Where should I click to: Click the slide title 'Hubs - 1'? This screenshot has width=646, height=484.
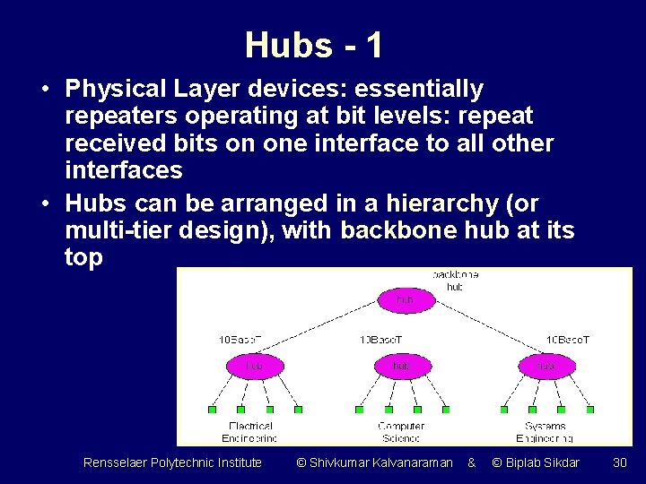coord(313,45)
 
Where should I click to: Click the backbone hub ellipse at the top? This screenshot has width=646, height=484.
coord(405,299)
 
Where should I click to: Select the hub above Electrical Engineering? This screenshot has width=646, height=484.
coord(254,366)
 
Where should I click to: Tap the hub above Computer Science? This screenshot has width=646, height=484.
coord(401,366)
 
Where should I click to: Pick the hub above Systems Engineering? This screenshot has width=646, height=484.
coord(546,366)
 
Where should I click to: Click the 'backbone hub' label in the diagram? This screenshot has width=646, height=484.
coord(455,281)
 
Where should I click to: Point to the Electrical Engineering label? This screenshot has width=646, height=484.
coord(250,432)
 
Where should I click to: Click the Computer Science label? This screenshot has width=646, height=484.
coord(401,432)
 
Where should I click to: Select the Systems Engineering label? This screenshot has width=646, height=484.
coord(545,432)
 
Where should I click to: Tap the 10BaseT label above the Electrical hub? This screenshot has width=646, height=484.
coord(240,340)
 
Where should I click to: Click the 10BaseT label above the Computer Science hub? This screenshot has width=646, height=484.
coord(381,340)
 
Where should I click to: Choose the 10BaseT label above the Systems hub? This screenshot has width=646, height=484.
coord(568,340)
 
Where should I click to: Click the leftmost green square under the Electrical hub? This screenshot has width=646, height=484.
coord(212,410)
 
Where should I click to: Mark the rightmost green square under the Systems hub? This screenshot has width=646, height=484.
coord(590,410)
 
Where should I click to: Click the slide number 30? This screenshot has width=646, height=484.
coord(619,462)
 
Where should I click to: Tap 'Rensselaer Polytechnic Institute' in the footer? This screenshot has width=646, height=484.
coord(172,462)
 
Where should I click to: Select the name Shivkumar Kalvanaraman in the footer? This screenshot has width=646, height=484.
coord(374,462)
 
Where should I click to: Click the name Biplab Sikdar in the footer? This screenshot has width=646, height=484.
coord(536,462)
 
